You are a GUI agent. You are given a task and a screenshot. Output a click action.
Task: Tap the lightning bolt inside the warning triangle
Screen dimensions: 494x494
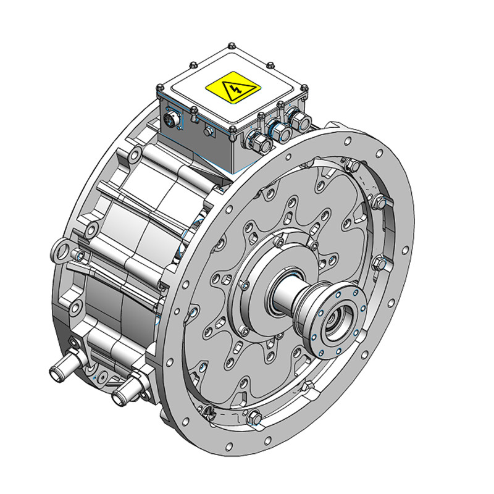234,91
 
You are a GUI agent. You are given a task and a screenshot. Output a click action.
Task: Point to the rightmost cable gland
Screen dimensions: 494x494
299,120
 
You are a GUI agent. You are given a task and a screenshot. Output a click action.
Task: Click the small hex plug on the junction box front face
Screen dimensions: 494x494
209,131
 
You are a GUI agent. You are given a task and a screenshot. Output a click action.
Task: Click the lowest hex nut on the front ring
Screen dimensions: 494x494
253,419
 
